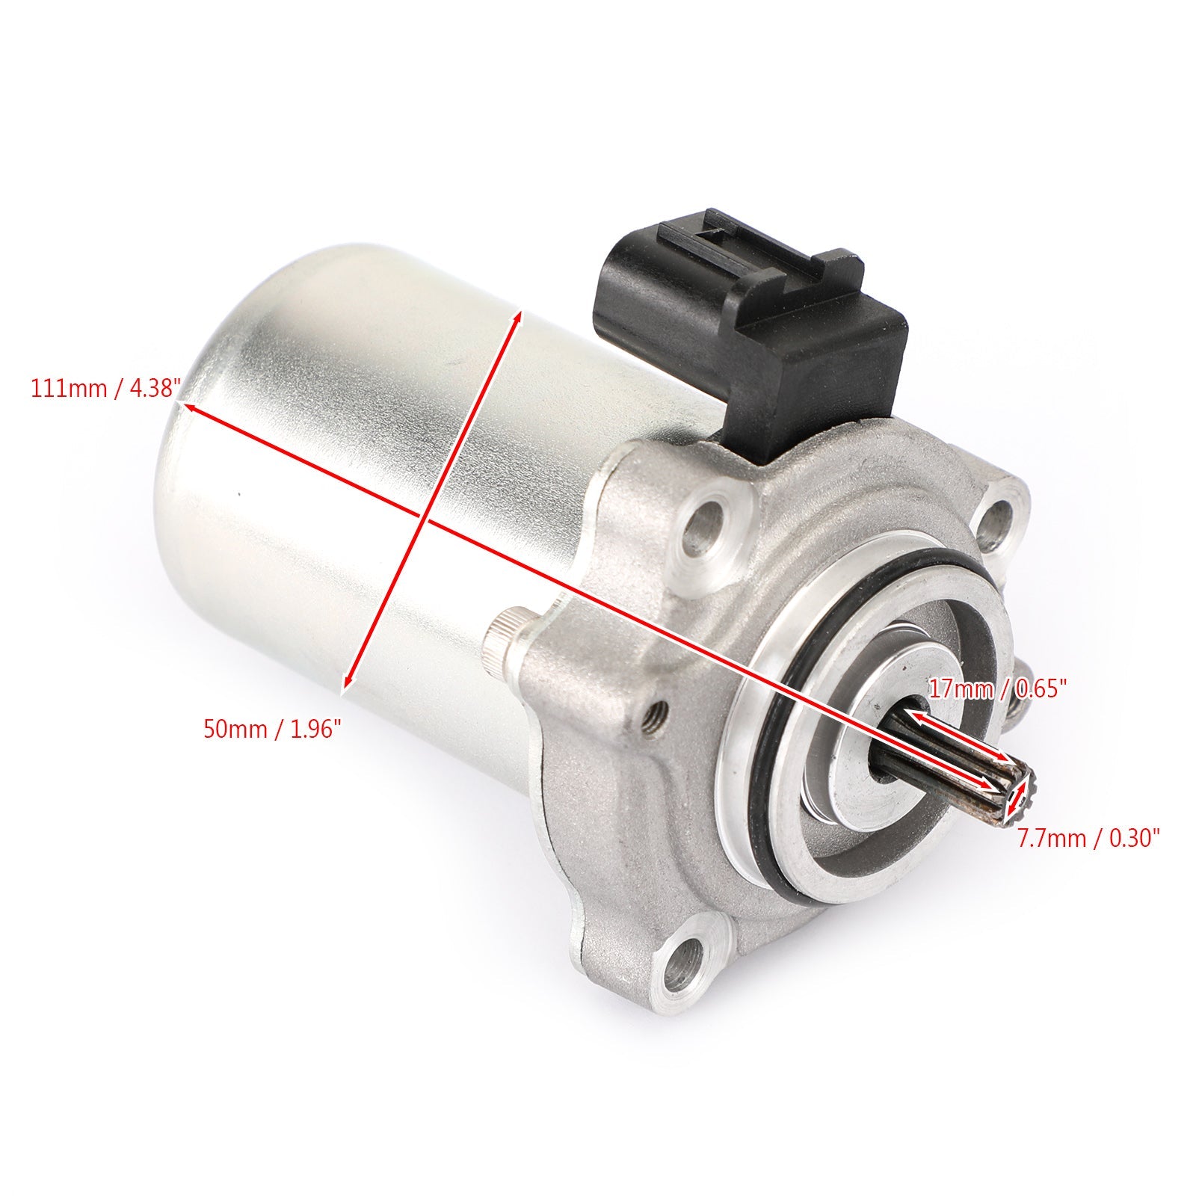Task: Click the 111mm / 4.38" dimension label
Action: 105,389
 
